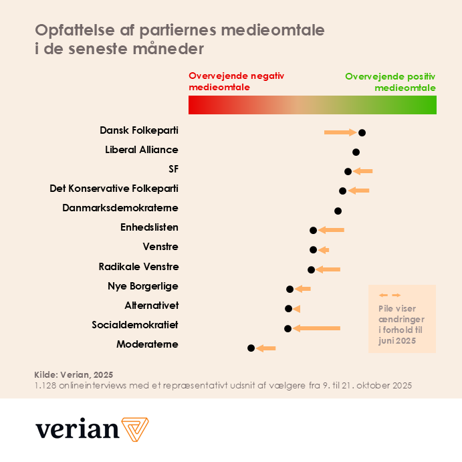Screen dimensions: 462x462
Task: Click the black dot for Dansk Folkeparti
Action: [x=362, y=132]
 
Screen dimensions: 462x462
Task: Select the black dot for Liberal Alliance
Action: [x=356, y=152]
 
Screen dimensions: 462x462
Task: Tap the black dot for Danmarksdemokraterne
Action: [x=338, y=211]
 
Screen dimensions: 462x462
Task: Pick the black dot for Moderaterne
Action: [x=251, y=348]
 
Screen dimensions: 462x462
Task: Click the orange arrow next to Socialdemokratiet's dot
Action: [x=317, y=328]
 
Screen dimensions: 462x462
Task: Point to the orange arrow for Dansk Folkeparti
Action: [x=340, y=132]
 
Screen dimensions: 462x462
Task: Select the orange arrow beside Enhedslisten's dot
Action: [x=331, y=230]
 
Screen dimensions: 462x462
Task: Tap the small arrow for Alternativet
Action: [x=297, y=308]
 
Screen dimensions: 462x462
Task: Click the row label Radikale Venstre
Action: [x=138, y=267]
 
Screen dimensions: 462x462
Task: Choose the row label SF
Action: [x=173, y=169]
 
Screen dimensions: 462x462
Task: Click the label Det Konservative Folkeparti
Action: [x=114, y=189]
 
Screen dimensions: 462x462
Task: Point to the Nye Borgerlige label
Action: [x=143, y=286]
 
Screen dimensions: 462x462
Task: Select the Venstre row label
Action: [x=160, y=247]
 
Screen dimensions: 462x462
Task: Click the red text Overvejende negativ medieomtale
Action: [x=236, y=82]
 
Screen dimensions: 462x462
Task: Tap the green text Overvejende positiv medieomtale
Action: [x=391, y=82]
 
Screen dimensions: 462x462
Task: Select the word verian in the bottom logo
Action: [x=77, y=429]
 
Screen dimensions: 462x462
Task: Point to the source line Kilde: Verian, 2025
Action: [x=74, y=374]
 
